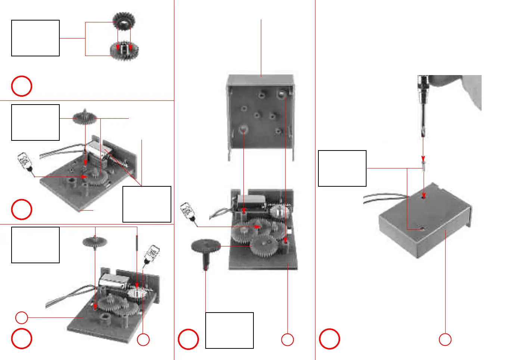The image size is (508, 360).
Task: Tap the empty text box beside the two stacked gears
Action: (x=35, y=38)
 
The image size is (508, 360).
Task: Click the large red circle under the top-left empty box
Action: (x=22, y=86)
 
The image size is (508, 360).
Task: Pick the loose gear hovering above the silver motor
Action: (x=85, y=118)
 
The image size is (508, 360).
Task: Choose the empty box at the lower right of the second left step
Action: (x=147, y=204)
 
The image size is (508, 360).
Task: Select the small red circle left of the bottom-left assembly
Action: (x=22, y=318)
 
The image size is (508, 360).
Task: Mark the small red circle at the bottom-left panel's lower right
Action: (x=143, y=339)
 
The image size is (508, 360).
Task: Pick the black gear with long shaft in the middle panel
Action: (x=206, y=252)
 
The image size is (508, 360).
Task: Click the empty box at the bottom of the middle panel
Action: (x=230, y=330)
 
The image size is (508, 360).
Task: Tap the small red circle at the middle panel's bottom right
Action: (x=287, y=339)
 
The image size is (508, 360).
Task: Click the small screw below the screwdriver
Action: (x=423, y=165)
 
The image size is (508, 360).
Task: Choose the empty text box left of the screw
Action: (x=342, y=168)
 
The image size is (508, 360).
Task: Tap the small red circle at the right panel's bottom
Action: (x=445, y=339)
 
